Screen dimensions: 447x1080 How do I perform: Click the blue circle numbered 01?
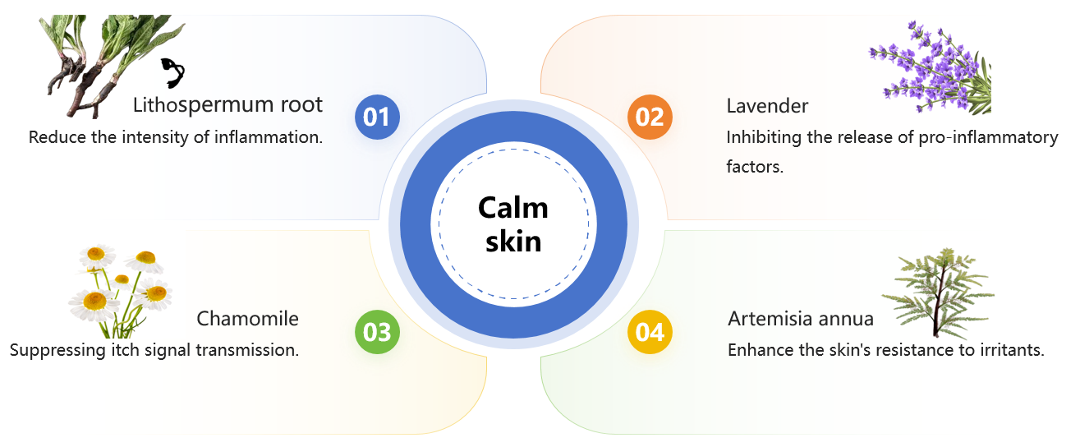[x=377, y=117]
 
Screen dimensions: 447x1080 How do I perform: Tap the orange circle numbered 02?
[x=650, y=117]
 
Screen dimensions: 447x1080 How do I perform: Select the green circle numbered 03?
[x=377, y=333]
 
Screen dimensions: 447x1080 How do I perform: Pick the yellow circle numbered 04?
[x=650, y=333]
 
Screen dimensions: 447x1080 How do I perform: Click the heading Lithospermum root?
[x=227, y=105]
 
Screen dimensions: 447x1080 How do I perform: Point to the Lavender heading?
[x=767, y=106]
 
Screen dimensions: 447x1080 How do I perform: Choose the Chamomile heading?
[x=247, y=319]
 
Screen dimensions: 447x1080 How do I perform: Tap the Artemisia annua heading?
[x=800, y=319]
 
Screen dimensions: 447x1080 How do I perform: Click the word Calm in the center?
[x=513, y=208]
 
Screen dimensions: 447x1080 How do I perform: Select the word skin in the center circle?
[x=513, y=242]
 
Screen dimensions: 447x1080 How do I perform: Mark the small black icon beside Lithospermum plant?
[x=172, y=72]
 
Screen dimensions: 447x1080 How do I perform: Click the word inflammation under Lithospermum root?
[x=268, y=137]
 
